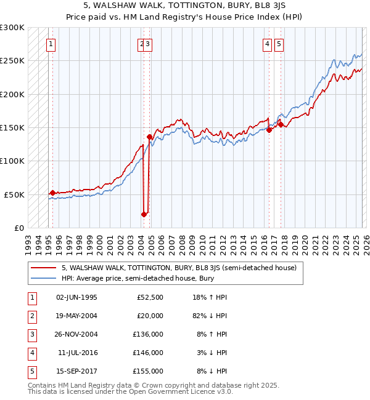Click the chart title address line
click(185, 5)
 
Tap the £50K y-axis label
click(14, 194)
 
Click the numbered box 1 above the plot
click(50, 44)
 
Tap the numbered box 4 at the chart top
click(267, 44)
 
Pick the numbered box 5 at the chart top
click(279, 44)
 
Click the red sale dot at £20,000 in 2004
click(144, 214)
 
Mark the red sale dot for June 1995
click(52, 193)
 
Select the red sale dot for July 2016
click(269, 130)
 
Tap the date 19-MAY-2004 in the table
click(76, 316)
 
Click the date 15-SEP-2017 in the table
click(76, 371)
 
